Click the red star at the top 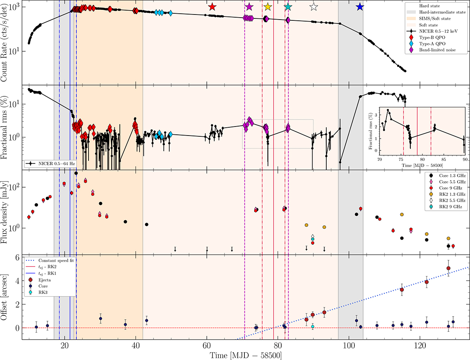point(212,7)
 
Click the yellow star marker point(268,7)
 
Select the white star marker point(313,7)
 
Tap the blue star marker point(360,7)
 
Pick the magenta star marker point(249,7)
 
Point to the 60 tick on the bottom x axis point(206,346)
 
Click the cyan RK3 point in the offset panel point(313,326)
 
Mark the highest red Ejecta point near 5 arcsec point(448,268)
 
